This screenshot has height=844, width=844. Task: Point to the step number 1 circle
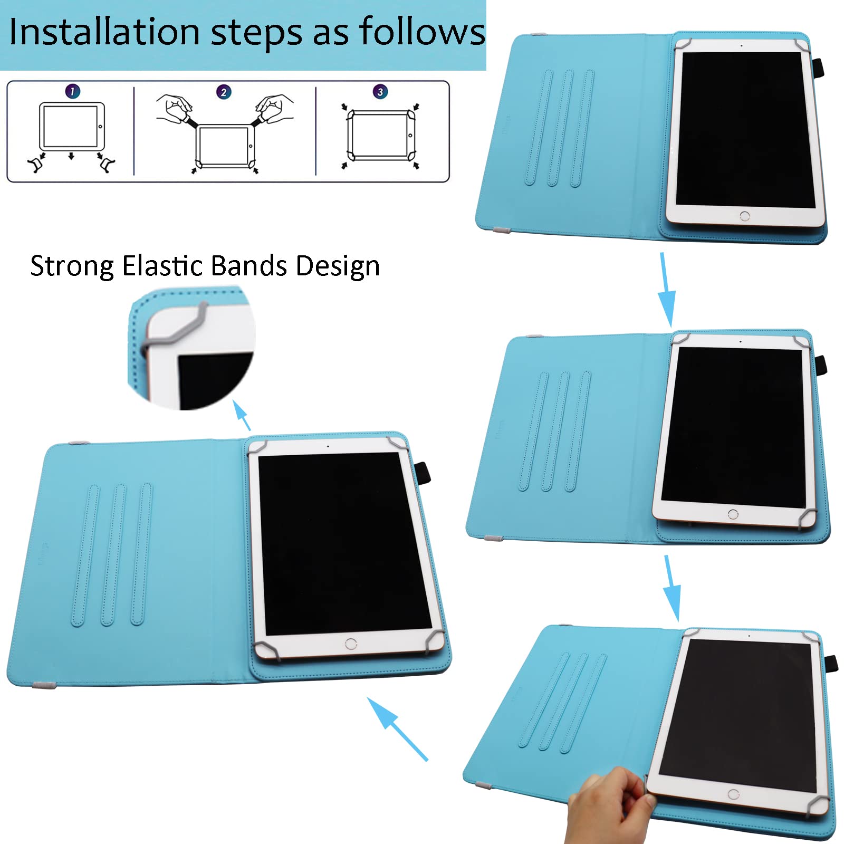click(72, 91)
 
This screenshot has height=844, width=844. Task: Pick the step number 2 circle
click(224, 92)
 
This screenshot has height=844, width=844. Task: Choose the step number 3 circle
click(380, 92)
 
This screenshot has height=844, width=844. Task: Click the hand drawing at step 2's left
click(176, 109)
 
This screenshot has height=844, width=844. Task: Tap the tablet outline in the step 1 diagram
click(72, 126)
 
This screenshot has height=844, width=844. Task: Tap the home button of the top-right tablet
click(745, 216)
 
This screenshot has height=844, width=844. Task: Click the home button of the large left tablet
click(351, 644)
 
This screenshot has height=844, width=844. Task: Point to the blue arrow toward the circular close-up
click(241, 415)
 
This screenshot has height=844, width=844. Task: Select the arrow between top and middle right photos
click(667, 290)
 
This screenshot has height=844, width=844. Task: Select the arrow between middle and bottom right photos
click(672, 588)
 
